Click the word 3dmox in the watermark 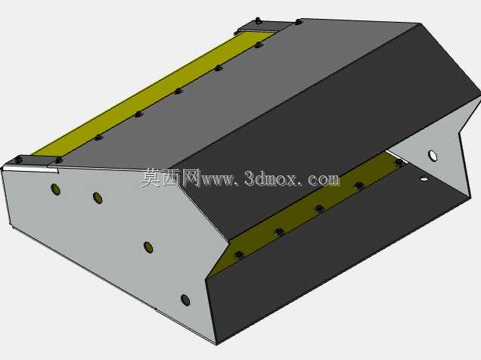[271, 178]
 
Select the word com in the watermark [324, 180]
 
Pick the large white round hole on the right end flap [433, 156]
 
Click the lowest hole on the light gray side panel [185, 300]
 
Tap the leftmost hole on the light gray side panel [55, 190]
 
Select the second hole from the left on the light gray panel [98, 198]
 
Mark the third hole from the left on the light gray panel [148, 247]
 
